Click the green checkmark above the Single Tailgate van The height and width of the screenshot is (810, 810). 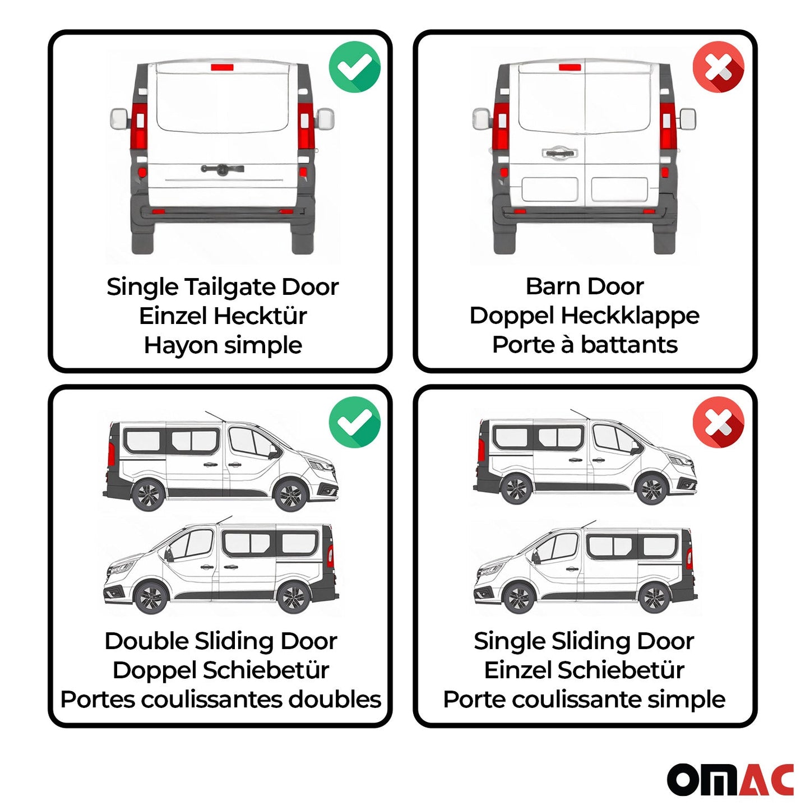(x=354, y=67)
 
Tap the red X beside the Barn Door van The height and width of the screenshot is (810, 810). (x=718, y=67)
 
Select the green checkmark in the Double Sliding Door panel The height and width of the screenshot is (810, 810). (x=354, y=422)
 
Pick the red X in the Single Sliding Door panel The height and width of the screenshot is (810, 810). (x=718, y=422)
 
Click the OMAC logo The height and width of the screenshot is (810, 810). (x=730, y=779)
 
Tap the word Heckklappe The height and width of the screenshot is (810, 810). (x=630, y=316)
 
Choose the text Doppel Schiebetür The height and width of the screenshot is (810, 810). (x=221, y=670)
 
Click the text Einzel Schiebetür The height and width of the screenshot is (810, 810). (x=584, y=670)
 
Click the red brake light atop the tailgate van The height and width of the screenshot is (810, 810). (x=222, y=67)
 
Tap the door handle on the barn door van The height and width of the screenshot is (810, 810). (x=558, y=152)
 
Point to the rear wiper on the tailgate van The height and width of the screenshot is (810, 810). (x=222, y=169)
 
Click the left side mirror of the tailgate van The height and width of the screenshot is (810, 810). (x=119, y=118)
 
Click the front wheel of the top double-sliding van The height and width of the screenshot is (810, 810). (x=290, y=496)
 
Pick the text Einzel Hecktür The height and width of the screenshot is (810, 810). (x=223, y=316)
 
